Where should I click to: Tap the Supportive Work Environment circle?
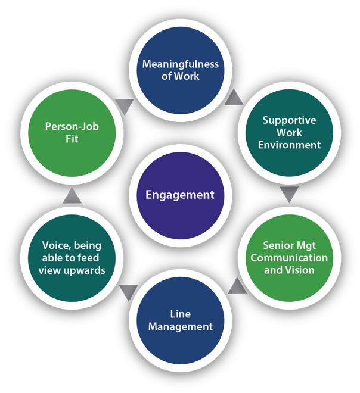point(288,132)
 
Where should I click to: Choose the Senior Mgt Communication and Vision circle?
point(288,258)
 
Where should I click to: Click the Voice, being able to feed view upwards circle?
point(71,258)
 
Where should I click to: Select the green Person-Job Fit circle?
point(71,132)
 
